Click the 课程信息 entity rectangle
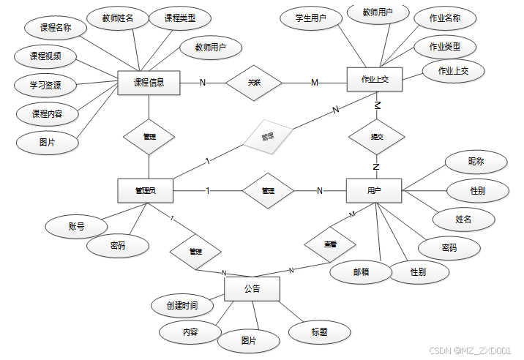(x=149, y=83)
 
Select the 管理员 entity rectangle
(x=145, y=191)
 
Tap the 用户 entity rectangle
(x=373, y=191)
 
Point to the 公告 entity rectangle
(x=252, y=288)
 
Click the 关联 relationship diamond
(x=253, y=83)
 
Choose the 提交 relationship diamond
(x=376, y=137)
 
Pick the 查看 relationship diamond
(x=330, y=244)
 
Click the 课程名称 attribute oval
(x=55, y=28)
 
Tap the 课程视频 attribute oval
(x=45, y=56)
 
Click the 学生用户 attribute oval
(x=310, y=18)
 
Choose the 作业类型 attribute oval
(x=445, y=47)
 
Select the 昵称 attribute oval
(x=476, y=161)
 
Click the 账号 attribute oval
(x=76, y=227)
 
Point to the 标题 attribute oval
(x=319, y=332)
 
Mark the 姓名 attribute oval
(x=463, y=218)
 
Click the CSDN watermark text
(x=469, y=351)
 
